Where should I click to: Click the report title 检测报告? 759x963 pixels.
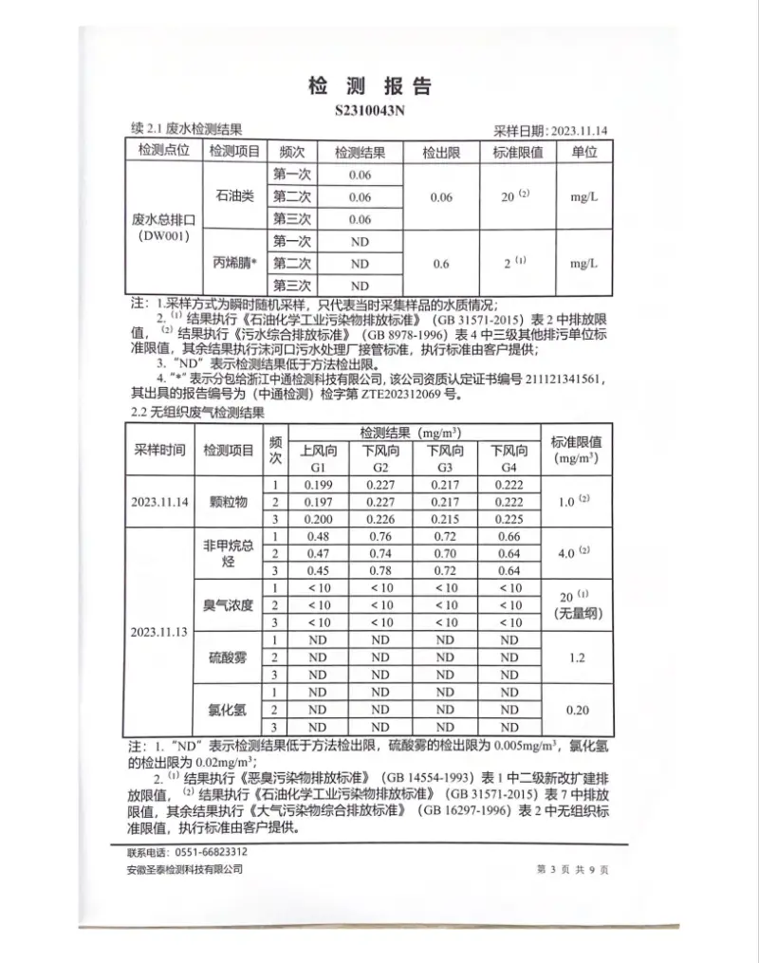point(370,86)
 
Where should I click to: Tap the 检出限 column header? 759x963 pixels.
point(440,152)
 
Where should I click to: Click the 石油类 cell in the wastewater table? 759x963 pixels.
point(235,197)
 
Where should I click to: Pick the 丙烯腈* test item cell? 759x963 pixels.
point(235,263)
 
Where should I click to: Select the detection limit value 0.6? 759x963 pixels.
point(440,263)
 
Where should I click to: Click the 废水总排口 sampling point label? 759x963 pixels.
point(163,219)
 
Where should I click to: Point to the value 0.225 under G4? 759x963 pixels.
point(509,519)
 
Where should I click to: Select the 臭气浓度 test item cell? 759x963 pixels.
point(228,604)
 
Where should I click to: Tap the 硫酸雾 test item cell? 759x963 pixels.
point(228,657)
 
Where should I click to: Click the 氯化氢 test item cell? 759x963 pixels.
point(228,709)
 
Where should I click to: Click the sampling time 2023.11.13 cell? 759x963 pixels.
point(160,630)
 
